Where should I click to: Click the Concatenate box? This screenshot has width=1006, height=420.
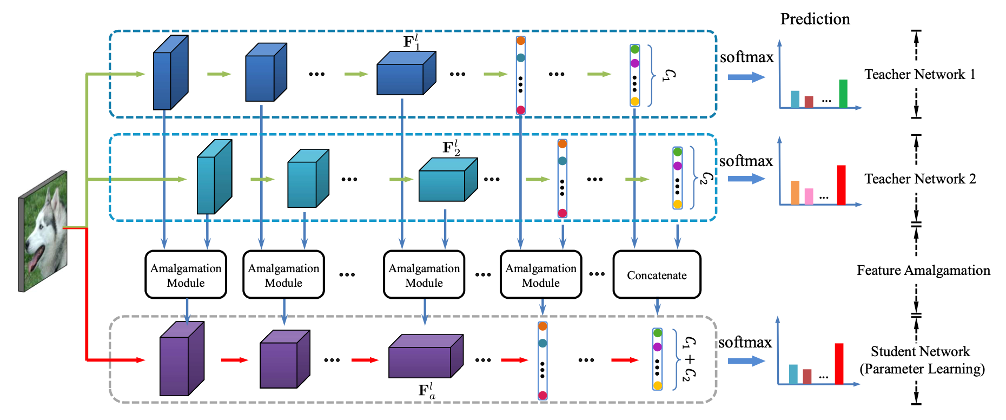pos(657,274)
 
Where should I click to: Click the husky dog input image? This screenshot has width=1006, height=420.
pos(43,231)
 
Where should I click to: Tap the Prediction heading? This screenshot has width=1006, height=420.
pos(815,19)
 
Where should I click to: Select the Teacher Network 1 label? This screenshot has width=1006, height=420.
pos(919,75)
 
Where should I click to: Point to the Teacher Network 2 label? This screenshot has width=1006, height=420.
pos(919,179)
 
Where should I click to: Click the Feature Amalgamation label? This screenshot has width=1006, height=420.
pos(923,271)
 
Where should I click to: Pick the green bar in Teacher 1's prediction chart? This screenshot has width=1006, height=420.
pos(843,94)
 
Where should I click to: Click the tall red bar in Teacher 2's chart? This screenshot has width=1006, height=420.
pos(841,185)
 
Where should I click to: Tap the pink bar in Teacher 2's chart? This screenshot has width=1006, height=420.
pos(809,196)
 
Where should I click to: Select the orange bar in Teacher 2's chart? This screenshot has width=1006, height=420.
pos(795,193)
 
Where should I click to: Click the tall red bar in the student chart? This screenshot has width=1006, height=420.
pos(839,364)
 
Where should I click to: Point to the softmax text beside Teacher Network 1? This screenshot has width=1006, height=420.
pos(746,57)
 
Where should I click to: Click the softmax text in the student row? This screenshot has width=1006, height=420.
pos(745,343)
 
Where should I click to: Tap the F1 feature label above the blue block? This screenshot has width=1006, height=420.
pos(411,42)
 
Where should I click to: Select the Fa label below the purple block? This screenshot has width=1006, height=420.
pos(426,391)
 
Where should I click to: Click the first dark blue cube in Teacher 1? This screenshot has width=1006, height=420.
pos(170,74)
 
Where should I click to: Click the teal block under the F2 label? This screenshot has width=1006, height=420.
pos(447,180)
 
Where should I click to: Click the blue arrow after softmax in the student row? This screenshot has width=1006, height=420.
pos(746,361)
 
